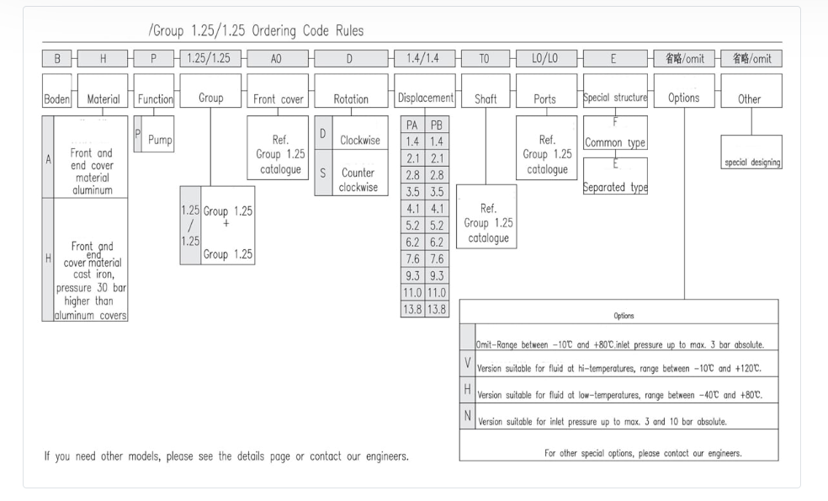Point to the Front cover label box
[x=278, y=99]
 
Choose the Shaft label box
[x=486, y=99]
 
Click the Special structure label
[x=615, y=99]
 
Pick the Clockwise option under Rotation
[x=358, y=136]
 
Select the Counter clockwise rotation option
[x=358, y=173]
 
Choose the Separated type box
[x=615, y=187]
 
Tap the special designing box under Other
[x=751, y=163]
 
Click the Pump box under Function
[x=158, y=138]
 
